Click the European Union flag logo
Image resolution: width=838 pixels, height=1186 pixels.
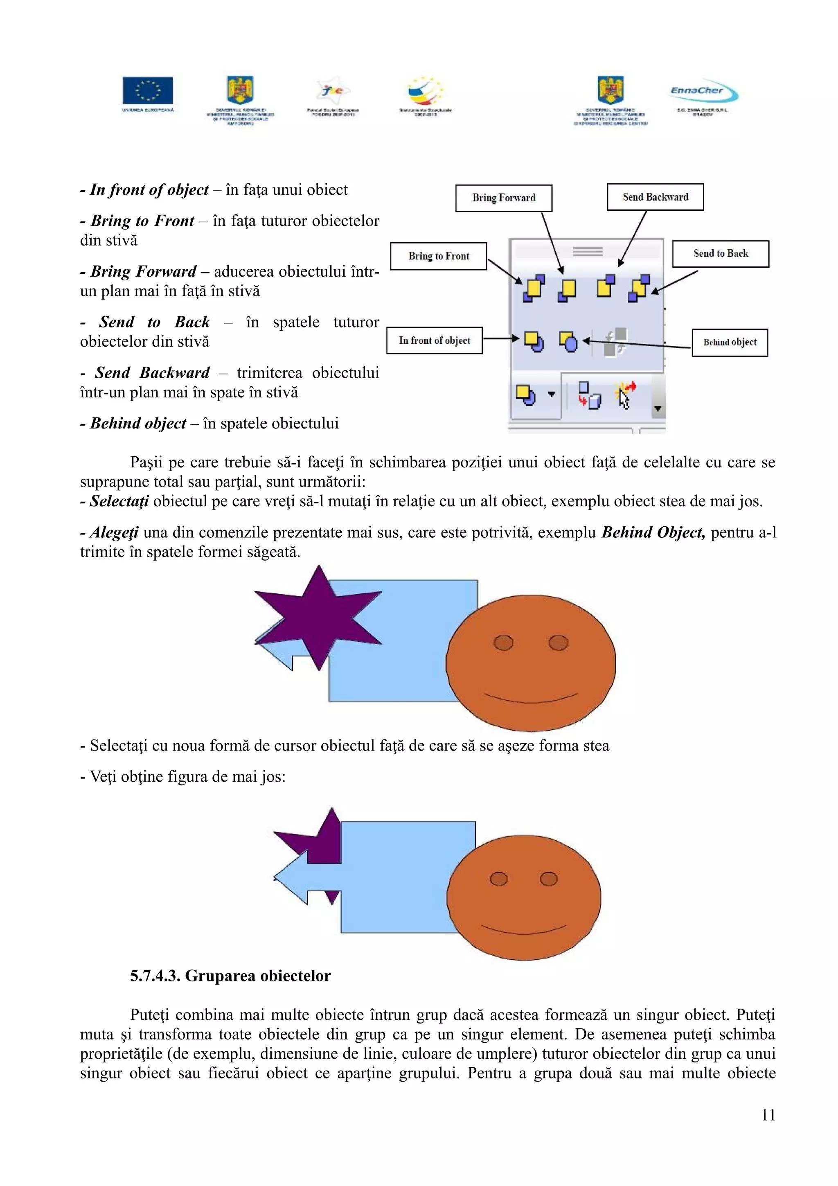coord(148,91)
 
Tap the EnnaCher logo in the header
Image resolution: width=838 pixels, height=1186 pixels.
coord(703,92)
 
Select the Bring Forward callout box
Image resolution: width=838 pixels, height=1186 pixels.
coord(503,198)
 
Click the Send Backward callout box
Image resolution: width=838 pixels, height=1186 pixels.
coord(655,197)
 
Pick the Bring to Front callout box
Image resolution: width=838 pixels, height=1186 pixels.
coord(438,256)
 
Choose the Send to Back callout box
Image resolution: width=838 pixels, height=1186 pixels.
coord(720,254)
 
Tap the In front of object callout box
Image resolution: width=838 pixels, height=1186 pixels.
coord(434,340)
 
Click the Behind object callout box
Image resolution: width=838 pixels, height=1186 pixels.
coord(729,343)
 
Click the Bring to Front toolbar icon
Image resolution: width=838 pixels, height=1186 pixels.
coord(534,288)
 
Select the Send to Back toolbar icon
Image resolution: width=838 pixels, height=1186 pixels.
coord(639,288)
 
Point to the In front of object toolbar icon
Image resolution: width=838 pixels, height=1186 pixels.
coord(534,341)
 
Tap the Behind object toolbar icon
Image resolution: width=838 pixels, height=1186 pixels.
coord(568,341)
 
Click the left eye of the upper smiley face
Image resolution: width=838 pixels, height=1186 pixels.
coord(503,643)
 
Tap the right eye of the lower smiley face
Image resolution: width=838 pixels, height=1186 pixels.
coord(548,879)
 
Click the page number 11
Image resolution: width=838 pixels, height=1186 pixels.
coord(768,1115)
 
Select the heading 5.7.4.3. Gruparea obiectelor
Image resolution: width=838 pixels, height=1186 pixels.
coord(230,976)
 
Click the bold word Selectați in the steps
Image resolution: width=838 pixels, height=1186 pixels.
coord(119,501)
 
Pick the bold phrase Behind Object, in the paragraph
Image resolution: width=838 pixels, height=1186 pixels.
coord(653,532)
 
